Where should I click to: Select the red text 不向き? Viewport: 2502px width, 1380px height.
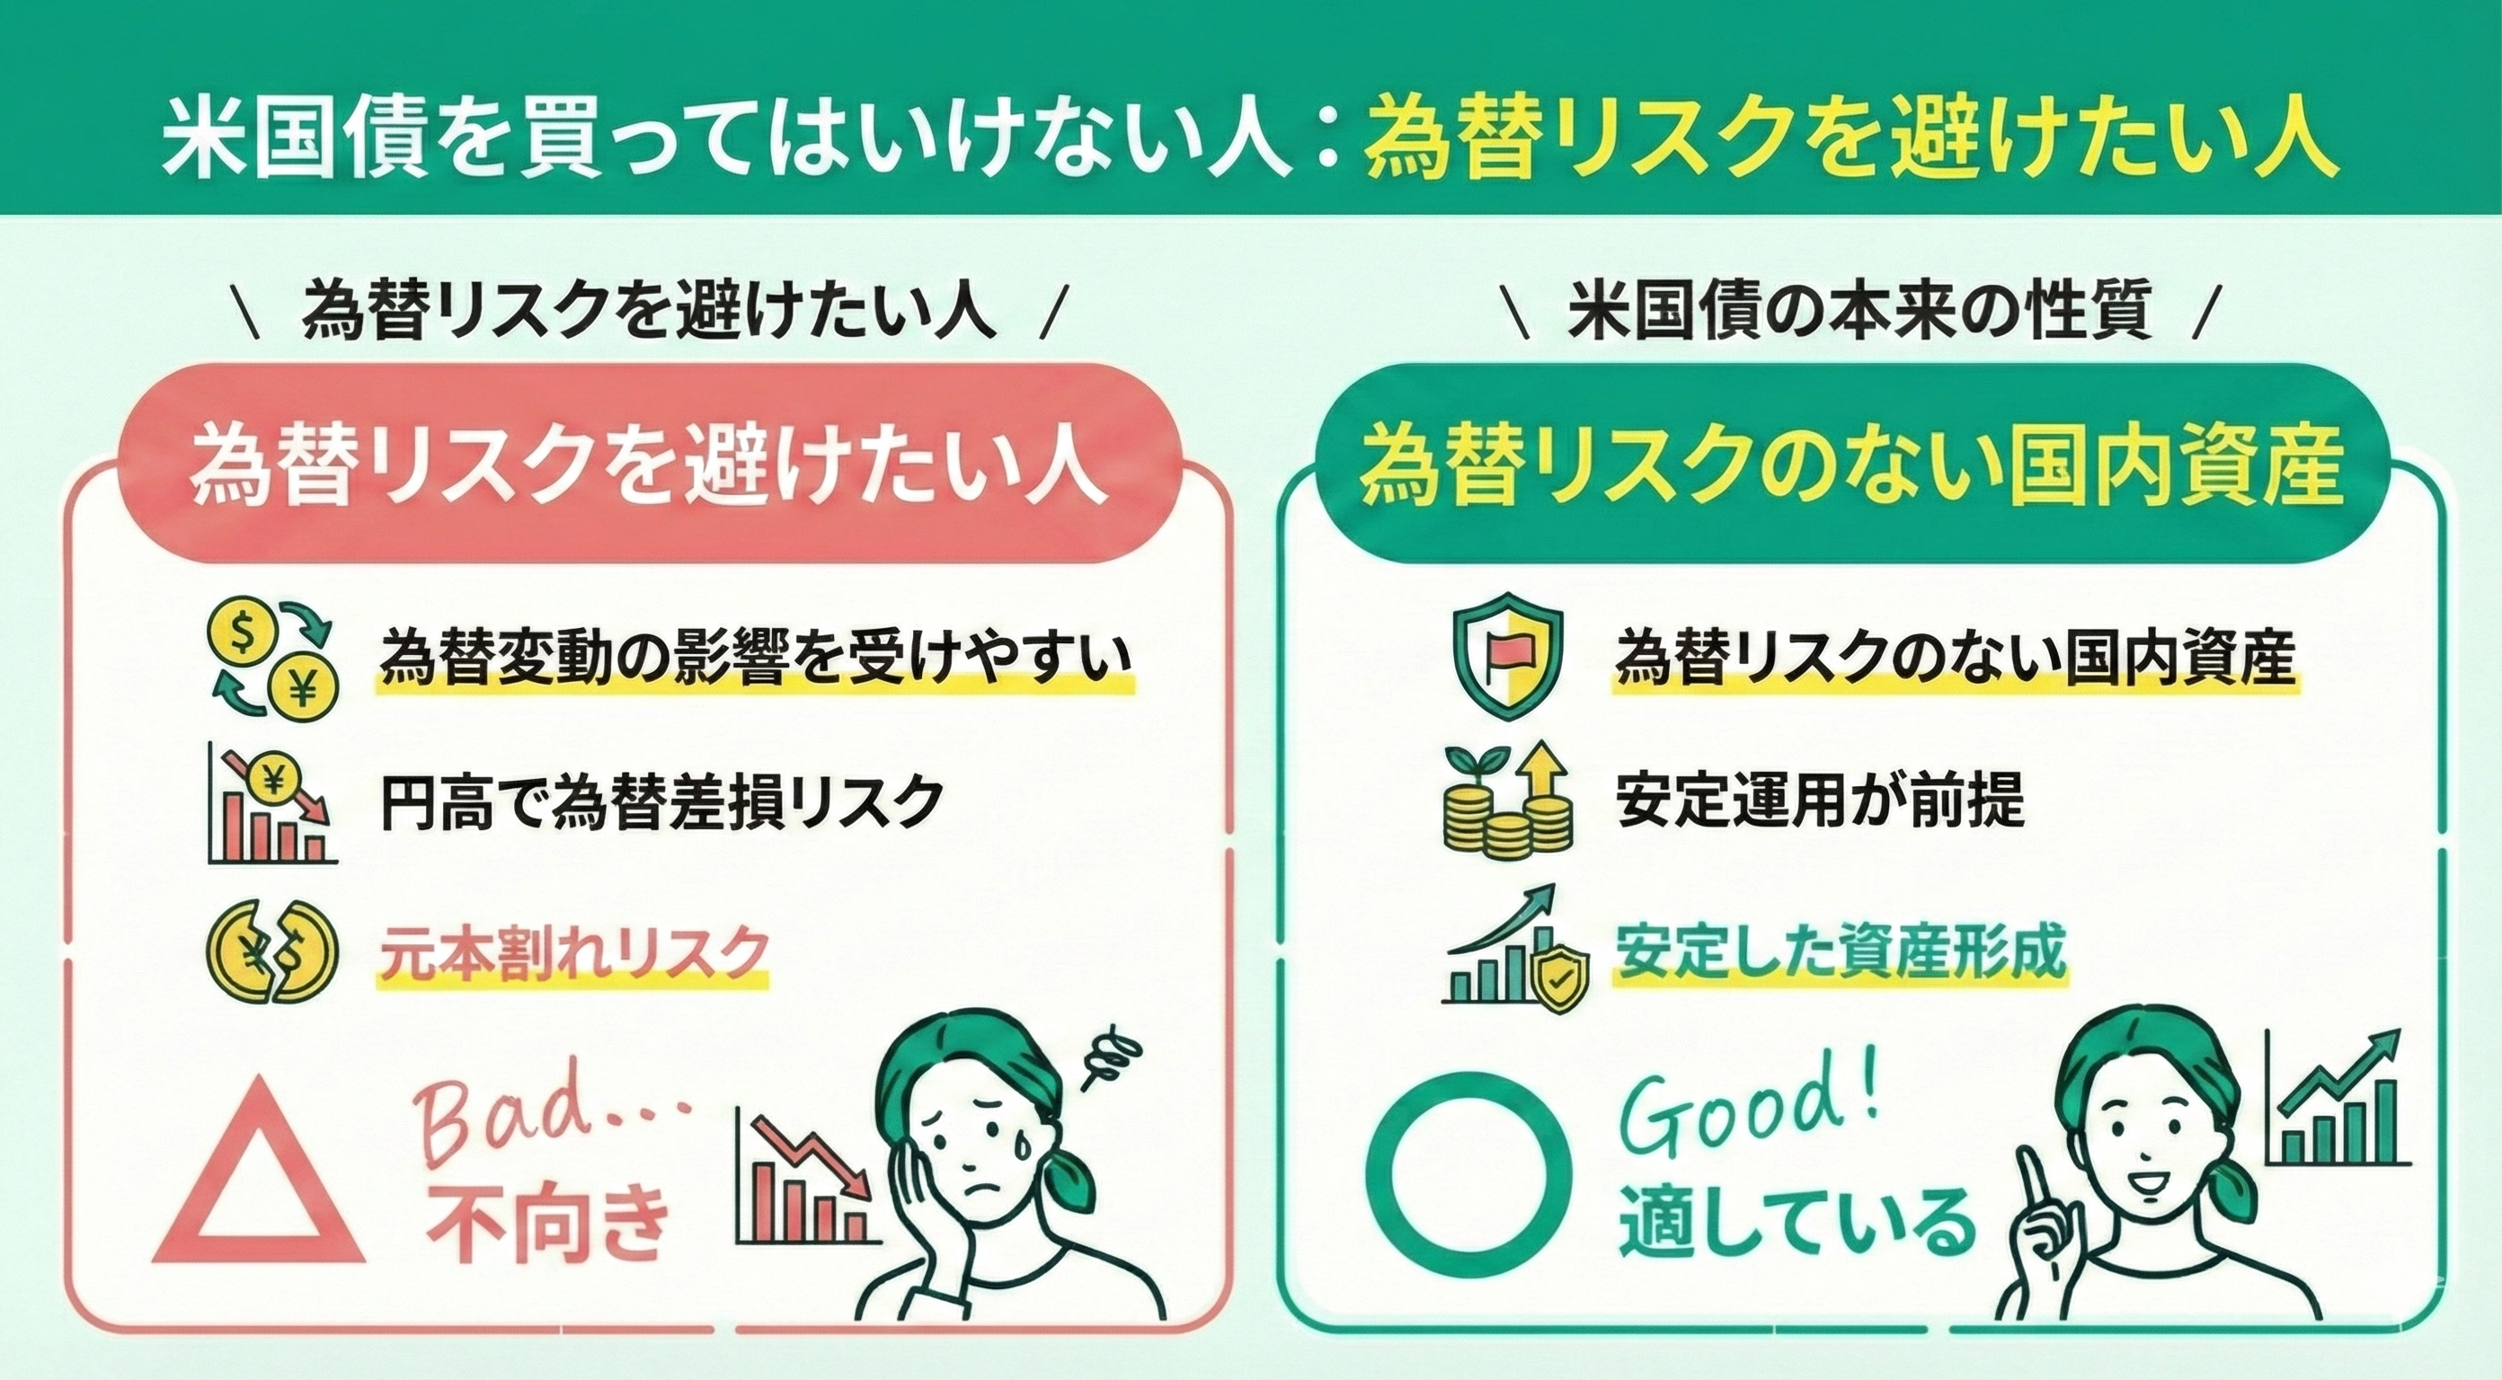coord(548,1226)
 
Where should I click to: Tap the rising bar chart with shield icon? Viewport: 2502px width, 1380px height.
coord(1516,947)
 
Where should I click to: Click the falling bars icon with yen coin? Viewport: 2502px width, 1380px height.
coord(273,803)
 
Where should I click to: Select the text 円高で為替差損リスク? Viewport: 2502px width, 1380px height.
coord(662,801)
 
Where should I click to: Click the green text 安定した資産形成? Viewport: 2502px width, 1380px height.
coord(1841,952)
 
